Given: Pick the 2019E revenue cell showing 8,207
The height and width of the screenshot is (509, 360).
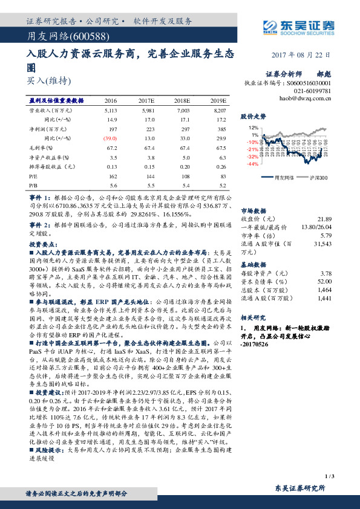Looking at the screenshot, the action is (218, 111).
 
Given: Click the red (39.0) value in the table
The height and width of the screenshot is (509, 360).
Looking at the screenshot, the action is (111, 139).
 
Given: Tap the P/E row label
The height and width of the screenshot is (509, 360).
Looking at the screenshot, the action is (34, 176).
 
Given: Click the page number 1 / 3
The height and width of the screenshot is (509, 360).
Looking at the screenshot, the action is (329, 476).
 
